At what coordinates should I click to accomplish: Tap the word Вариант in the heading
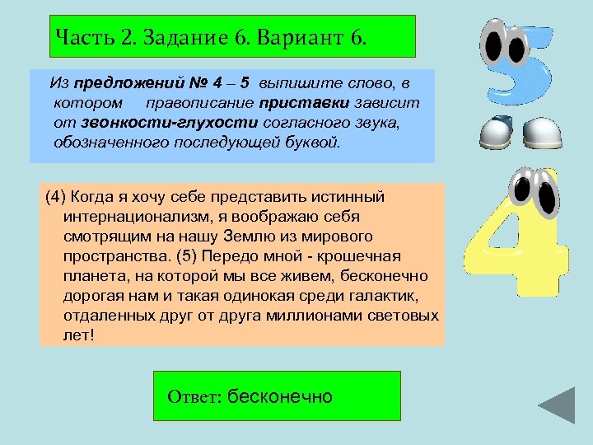(x=280, y=37)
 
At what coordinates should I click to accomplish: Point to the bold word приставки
(x=304, y=103)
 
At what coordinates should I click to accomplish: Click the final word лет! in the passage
(x=78, y=336)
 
